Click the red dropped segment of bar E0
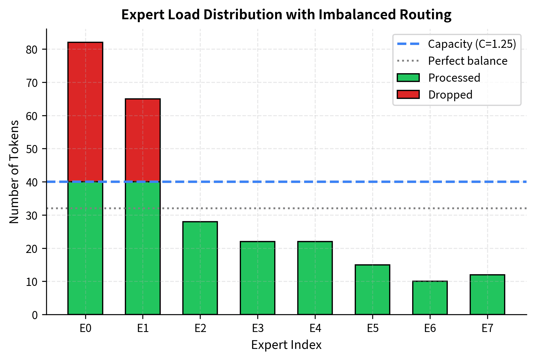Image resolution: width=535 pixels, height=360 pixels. coord(85,112)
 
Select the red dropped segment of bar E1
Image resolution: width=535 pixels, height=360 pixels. coord(143,140)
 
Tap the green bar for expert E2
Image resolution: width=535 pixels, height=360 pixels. coord(200,268)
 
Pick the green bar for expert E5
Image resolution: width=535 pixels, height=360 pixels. coord(373,289)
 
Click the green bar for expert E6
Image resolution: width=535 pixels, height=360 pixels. coord(430,298)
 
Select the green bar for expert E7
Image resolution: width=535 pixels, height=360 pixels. coord(487,294)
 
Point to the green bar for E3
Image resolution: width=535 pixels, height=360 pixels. coord(258,278)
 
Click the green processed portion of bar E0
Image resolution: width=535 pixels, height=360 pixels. coord(85,248)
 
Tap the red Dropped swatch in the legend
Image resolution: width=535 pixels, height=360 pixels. coord(408,95)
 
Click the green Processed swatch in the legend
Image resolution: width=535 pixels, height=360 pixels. coord(408,78)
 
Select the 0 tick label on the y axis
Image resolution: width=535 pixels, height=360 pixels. coord(35,315)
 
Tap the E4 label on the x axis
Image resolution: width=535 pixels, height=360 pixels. coord(315,328)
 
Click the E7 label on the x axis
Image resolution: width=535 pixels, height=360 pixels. coord(487,328)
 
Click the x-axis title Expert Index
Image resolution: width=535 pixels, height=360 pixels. coord(286,345)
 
